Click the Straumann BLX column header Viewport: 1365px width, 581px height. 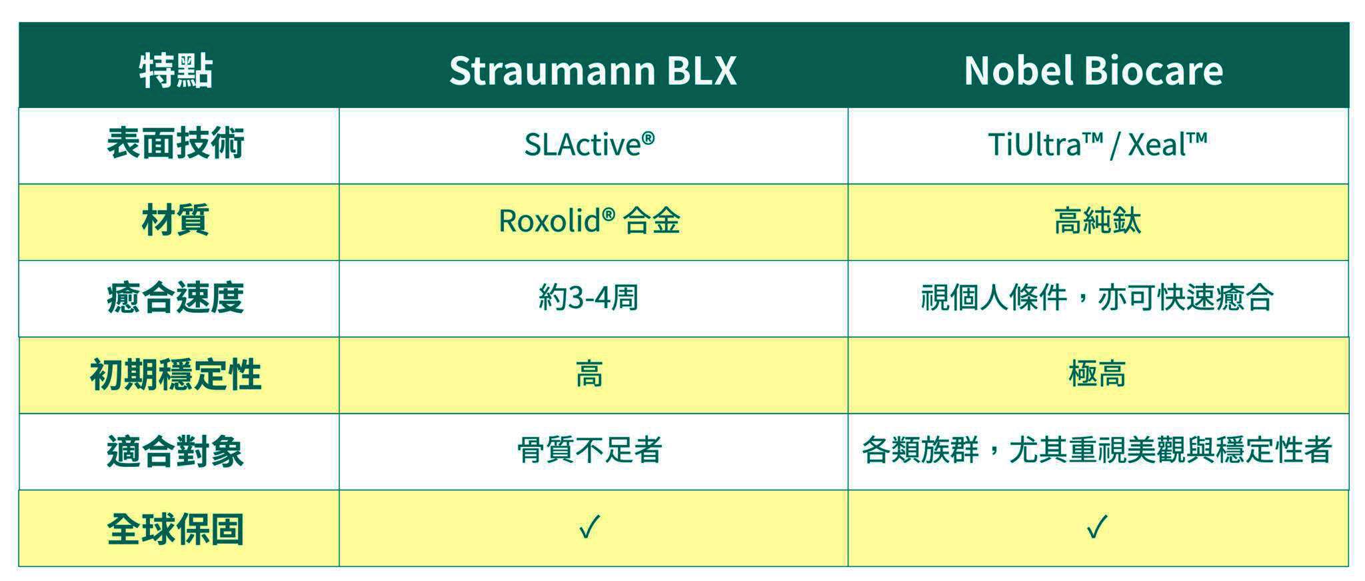593,70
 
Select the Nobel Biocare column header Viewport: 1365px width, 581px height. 1093,70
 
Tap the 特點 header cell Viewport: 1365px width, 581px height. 176,71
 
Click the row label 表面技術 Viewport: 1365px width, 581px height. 176,143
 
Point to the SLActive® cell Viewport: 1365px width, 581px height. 589,144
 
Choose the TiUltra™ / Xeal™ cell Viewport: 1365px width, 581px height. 1097,144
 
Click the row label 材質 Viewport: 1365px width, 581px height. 176,220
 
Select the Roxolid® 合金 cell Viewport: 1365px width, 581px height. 589,221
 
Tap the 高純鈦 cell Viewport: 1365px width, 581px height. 1097,221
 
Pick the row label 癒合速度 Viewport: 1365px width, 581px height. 176,298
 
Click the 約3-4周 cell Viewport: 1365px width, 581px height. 589,298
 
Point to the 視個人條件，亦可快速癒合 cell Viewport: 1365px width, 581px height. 1097,298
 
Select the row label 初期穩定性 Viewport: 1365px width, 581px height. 176,374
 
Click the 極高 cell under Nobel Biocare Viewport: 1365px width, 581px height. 1097,374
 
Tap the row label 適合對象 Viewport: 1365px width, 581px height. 176,452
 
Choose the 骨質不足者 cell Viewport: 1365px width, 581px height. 589,450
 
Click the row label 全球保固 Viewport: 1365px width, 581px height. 176,529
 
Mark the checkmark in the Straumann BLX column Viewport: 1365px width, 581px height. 590,527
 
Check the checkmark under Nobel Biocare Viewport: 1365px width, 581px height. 1097,527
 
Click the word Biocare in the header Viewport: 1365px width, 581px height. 1153,70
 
